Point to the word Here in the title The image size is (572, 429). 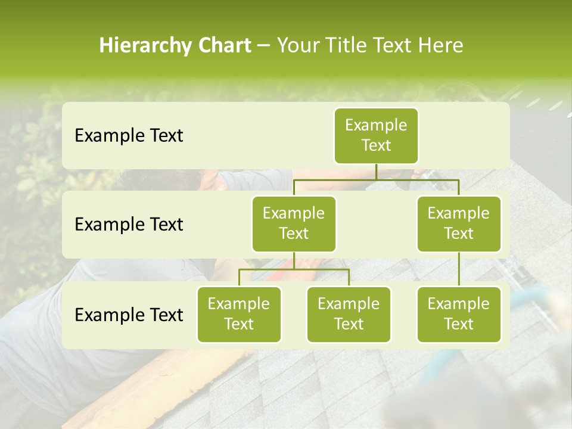[x=441, y=46]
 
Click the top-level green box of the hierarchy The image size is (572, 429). [x=376, y=136]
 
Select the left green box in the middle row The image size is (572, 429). [x=294, y=224]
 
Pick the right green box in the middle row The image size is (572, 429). [x=459, y=224]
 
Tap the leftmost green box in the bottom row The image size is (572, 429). [x=239, y=315]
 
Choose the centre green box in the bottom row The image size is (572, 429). [x=349, y=315]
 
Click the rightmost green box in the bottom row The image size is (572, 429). [x=459, y=315]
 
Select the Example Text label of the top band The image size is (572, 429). [x=129, y=136]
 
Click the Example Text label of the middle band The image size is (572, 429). [x=129, y=225]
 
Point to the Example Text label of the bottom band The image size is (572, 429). [x=129, y=315]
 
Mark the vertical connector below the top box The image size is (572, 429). [x=376, y=172]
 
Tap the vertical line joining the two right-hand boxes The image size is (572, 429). [x=459, y=269]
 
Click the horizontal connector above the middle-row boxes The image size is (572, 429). [x=376, y=179]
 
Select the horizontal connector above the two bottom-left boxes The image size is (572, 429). [x=294, y=269]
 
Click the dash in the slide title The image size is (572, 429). [x=264, y=46]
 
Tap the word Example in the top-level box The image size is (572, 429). [x=376, y=126]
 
